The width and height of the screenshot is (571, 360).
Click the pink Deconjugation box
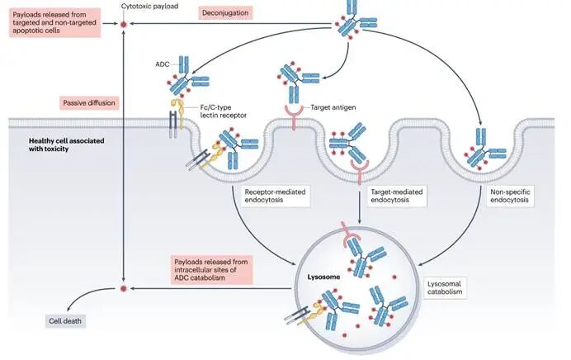231,13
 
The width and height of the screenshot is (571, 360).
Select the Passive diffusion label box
89,103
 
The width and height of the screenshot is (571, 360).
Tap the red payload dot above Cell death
123,289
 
